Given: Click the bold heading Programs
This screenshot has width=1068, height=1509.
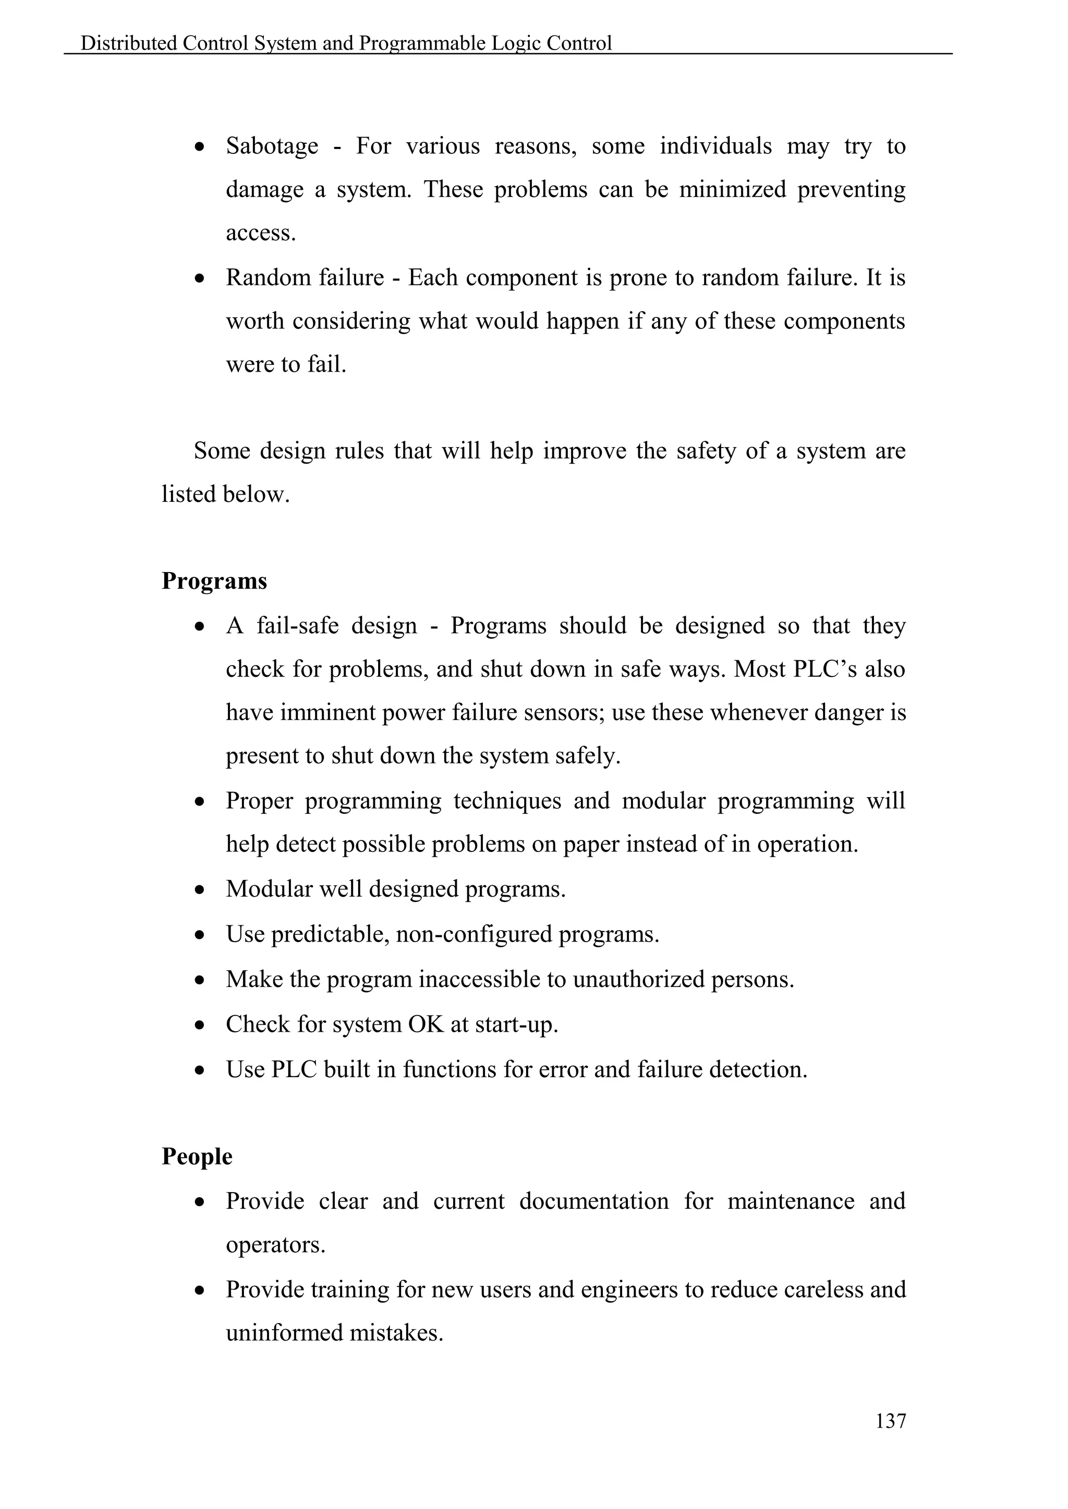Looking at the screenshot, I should [214, 581].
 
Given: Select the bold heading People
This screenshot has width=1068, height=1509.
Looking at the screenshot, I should [197, 1156].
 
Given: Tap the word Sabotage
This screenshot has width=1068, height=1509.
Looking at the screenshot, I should [272, 146].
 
